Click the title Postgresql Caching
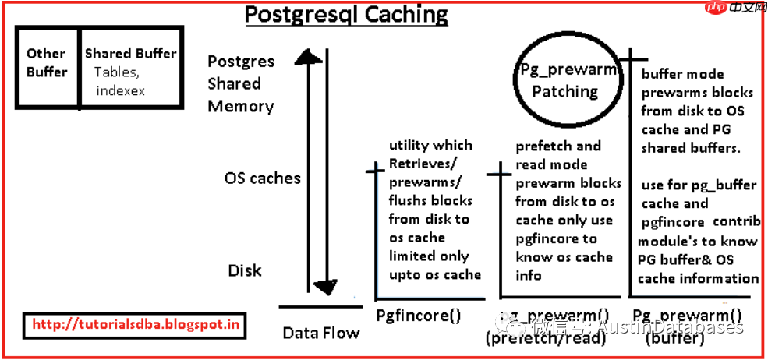(x=347, y=15)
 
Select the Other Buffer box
(x=47, y=63)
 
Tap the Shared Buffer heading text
(x=130, y=54)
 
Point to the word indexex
(x=121, y=90)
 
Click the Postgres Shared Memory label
(x=241, y=83)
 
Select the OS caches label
(x=262, y=178)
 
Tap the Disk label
(x=245, y=270)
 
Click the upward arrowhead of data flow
(x=310, y=58)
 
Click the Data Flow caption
(x=321, y=333)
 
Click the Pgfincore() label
(x=419, y=316)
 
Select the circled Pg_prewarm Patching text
(x=567, y=80)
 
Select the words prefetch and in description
(x=557, y=146)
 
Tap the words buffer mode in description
(x=682, y=74)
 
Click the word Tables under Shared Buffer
(x=117, y=72)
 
